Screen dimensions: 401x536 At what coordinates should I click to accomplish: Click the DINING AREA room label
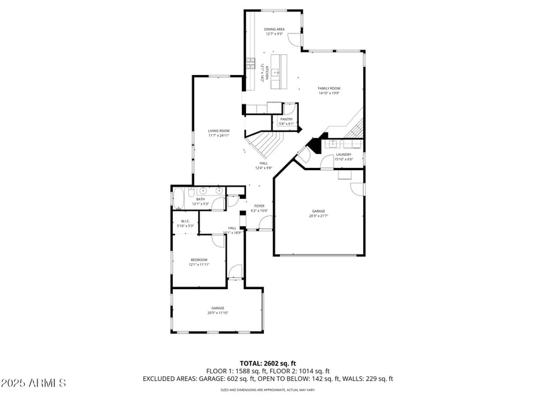coord(274,29)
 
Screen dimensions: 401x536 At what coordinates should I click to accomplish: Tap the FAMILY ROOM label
coord(329,88)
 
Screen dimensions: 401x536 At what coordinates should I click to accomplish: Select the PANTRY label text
coord(286,119)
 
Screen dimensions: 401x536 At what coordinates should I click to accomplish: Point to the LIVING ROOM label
coord(218,131)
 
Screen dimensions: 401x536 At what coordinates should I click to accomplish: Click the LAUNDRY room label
coord(343,155)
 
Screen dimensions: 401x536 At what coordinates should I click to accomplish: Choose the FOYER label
coord(259,206)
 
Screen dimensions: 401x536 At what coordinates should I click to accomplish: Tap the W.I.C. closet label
coord(185,222)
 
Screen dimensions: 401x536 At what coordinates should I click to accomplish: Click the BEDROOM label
coord(199,260)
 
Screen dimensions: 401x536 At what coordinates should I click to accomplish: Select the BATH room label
coord(200,199)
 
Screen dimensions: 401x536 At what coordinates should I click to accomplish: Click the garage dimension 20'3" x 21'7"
coord(318,216)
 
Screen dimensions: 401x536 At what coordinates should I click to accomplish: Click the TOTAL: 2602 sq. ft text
coord(267,362)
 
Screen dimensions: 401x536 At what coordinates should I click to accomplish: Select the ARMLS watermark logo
coord(33,384)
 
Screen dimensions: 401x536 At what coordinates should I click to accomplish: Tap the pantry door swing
coord(288,108)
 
